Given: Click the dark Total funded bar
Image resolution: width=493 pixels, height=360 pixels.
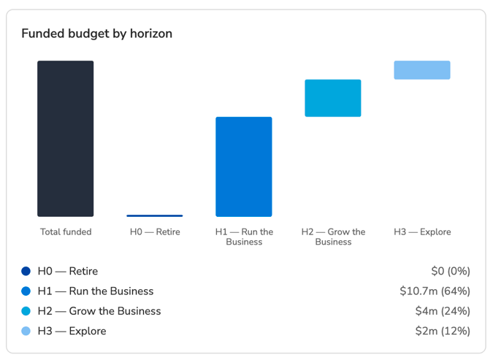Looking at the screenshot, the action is coord(66,139).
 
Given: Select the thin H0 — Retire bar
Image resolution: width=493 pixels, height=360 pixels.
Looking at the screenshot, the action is coord(155,215).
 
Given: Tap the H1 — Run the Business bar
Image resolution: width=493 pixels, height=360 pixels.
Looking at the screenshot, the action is coord(244,166).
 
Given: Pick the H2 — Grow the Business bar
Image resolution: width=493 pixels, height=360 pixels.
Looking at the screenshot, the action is coord(333,98).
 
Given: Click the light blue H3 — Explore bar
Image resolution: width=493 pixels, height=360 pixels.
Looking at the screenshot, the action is coord(422,70).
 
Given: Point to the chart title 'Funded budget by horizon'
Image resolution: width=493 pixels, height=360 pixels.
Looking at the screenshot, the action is coord(97,34).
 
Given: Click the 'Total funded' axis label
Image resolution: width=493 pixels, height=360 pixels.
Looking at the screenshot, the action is coord(66,231).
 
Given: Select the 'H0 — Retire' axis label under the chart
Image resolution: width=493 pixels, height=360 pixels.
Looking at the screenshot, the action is coord(155,231).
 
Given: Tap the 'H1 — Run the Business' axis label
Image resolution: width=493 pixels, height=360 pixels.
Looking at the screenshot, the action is coord(244,237).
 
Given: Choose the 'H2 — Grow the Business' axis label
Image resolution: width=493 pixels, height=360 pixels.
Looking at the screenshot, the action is coord(333,237).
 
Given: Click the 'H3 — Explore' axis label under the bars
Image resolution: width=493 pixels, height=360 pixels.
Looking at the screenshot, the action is coord(422,232).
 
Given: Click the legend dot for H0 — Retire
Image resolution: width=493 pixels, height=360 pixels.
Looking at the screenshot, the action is coord(26,271).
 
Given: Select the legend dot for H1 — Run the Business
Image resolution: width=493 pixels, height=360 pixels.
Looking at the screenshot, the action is coord(26,291).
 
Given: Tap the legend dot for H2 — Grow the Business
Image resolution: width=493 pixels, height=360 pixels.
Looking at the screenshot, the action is coord(26,311).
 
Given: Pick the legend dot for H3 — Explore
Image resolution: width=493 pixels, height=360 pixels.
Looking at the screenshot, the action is coord(26,331).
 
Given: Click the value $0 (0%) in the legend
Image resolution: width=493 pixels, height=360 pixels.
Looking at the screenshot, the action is coord(451,271).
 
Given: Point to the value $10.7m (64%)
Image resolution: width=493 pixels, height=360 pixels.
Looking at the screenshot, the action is coord(435,291).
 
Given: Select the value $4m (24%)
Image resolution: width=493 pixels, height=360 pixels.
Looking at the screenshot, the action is coord(443,311).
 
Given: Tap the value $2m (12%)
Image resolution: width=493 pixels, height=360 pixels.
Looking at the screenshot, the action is coord(443,331).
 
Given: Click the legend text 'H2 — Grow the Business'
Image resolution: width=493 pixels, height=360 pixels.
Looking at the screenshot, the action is coord(99,311).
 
